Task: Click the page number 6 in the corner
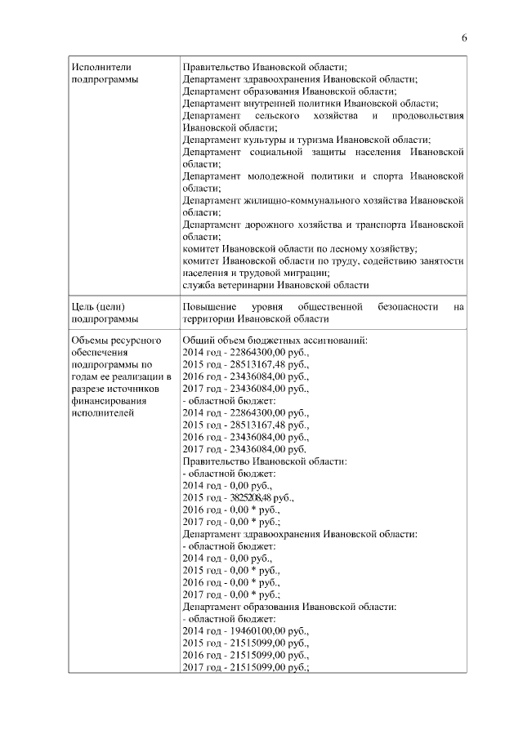464,38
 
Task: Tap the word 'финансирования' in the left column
108,401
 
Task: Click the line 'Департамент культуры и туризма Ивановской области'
306,140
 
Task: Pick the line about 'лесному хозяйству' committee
300,249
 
